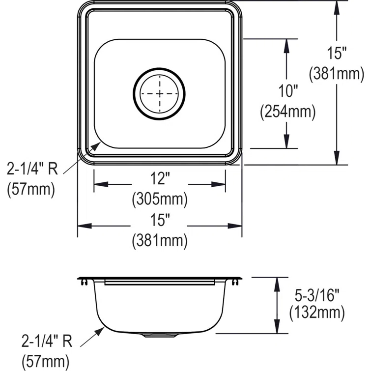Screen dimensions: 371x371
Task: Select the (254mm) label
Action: [287, 113]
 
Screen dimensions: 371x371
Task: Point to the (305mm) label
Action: [160, 199]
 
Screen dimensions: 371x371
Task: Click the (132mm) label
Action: [316, 312]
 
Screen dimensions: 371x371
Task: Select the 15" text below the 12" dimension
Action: [160, 220]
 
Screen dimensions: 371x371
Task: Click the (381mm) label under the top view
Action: [160, 240]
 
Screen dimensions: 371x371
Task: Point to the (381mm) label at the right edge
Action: [337, 74]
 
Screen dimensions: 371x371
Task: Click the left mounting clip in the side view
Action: [84, 282]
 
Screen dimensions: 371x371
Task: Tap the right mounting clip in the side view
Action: [237, 282]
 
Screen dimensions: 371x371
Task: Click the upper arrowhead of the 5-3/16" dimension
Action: [277, 281]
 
